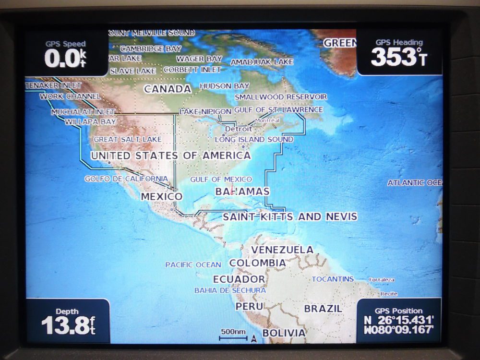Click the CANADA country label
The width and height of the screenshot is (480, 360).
click(168, 89)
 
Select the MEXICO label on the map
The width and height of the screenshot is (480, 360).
click(161, 196)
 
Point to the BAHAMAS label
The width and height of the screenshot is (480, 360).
click(242, 191)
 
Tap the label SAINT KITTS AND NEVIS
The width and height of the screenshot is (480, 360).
click(290, 217)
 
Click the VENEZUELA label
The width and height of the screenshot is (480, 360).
click(282, 250)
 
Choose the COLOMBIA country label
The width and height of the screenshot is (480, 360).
click(257, 263)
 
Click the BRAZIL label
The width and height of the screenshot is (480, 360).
click(323, 308)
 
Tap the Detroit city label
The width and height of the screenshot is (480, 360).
click(238, 129)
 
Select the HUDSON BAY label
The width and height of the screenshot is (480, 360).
click(224, 86)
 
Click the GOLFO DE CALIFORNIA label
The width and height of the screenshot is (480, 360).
click(126, 179)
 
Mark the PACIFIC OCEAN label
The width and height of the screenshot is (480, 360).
click(193, 264)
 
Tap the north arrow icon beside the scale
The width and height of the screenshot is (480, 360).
click(254, 339)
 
